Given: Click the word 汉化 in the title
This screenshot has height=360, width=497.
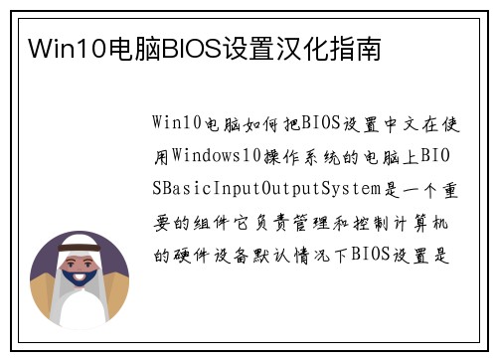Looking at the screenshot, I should click(301, 49).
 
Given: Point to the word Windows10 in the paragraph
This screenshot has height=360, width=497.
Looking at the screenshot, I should click(220, 156).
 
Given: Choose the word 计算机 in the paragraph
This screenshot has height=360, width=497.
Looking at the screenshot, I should click(435, 221).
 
